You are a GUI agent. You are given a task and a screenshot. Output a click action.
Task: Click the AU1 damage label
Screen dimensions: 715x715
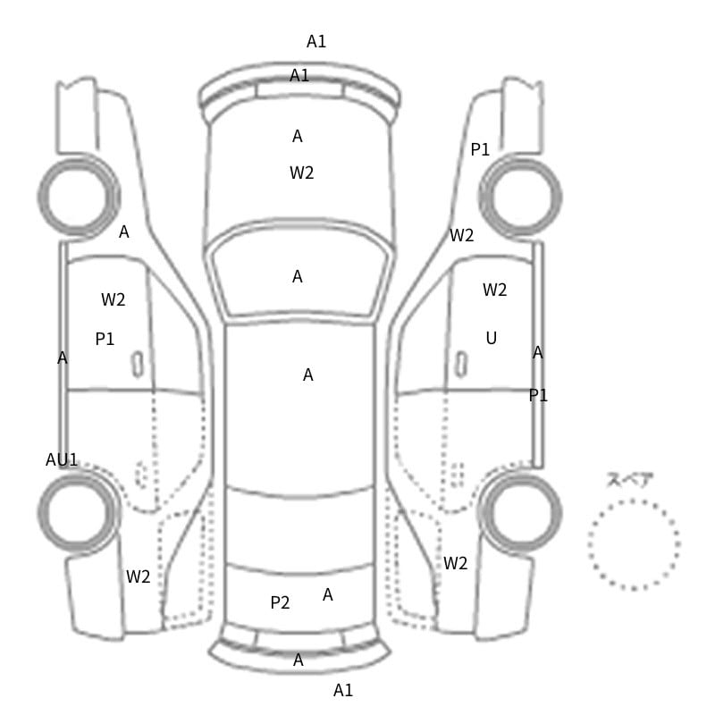pyautogui.click(x=62, y=459)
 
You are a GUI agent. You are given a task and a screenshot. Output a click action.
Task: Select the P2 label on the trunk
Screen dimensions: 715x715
pyautogui.click(x=280, y=602)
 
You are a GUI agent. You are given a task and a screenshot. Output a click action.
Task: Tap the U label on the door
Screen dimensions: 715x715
pyautogui.click(x=491, y=338)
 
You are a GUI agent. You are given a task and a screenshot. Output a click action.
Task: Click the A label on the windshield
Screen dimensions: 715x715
pyautogui.click(x=298, y=276)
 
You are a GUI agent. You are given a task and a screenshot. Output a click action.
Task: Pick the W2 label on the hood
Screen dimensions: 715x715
pyautogui.click(x=302, y=172)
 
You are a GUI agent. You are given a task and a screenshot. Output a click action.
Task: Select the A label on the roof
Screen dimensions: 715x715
pyautogui.click(x=308, y=374)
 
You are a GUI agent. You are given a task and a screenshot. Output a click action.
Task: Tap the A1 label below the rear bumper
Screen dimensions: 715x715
pyautogui.click(x=343, y=690)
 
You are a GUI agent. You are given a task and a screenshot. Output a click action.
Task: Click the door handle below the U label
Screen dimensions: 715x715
pyautogui.click(x=461, y=365)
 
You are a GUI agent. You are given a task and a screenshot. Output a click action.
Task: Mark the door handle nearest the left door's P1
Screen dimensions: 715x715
pyautogui.click(x=138, y=365)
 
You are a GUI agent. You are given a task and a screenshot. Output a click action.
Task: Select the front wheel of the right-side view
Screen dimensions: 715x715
pyautogui.click(x=521, y=197)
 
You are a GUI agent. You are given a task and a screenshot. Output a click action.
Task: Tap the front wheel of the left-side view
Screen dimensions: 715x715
pyautogui.click(x=79, y=197)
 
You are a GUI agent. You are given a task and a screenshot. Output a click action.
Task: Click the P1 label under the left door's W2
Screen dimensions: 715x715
pyautogui.click(x=105, y=339)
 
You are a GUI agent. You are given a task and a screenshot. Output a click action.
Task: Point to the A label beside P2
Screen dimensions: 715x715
pyautogui.click(x=328, y=594)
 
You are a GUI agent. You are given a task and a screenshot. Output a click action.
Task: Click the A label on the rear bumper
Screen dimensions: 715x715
pyautogui.click(x=299, y=660)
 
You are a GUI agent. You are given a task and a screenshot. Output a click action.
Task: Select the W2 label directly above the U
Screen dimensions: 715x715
pyautogui.click(x=495, y=290)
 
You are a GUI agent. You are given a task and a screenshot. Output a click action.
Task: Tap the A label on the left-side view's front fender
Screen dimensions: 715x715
pyautogui.click(x=124, y=232)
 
